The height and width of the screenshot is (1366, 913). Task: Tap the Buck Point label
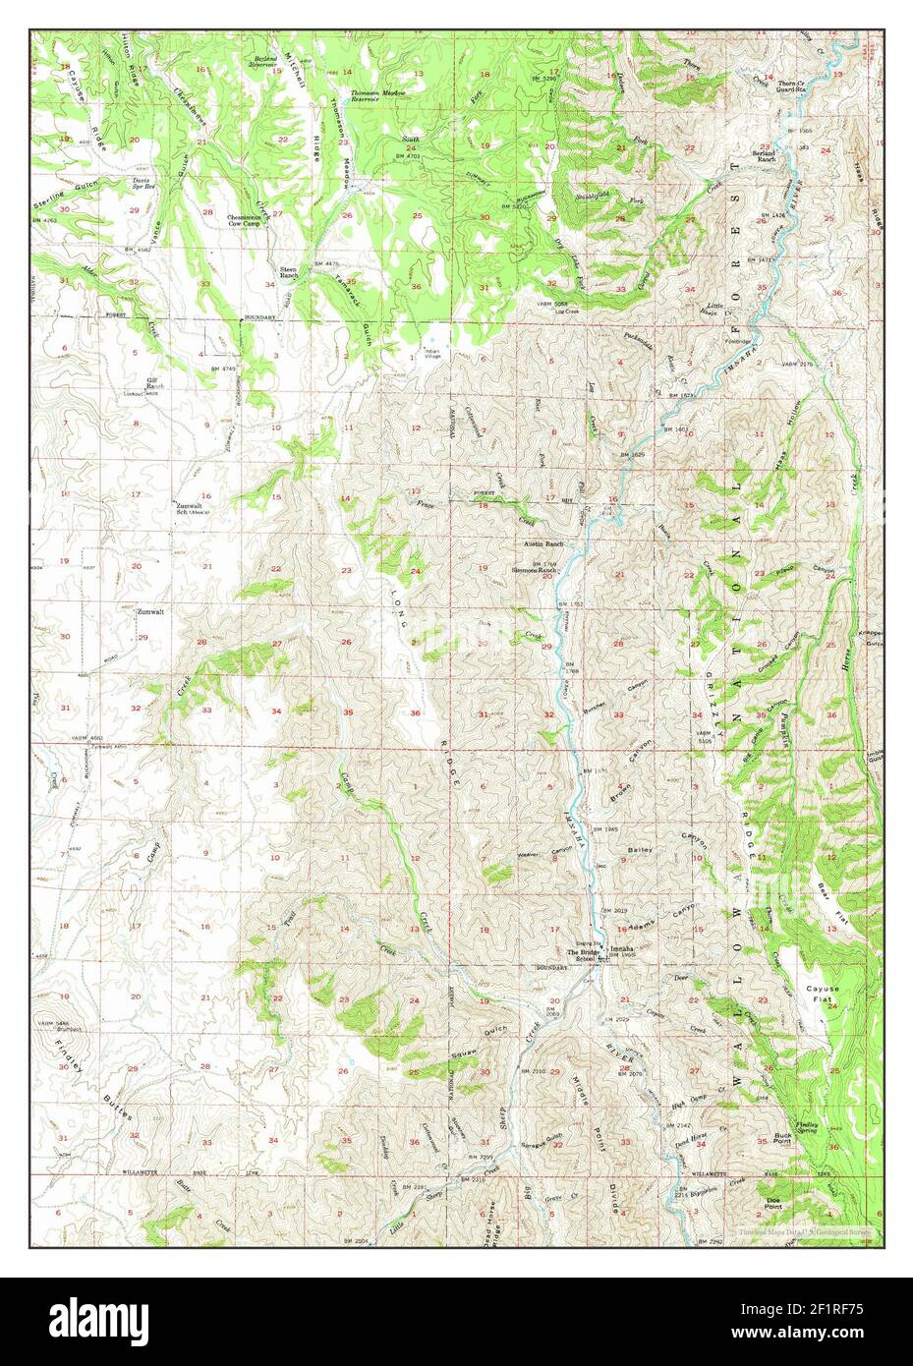(783, 1136)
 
